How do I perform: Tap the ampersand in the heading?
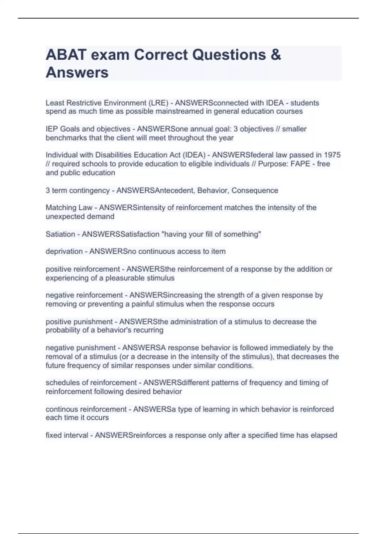coord(275,55)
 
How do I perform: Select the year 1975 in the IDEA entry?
coord(332,155)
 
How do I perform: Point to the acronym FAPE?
coord(301,164)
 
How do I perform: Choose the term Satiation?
coord(60,234)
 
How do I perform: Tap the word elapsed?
coord(324,435)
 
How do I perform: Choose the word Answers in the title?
coord(77,73)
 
